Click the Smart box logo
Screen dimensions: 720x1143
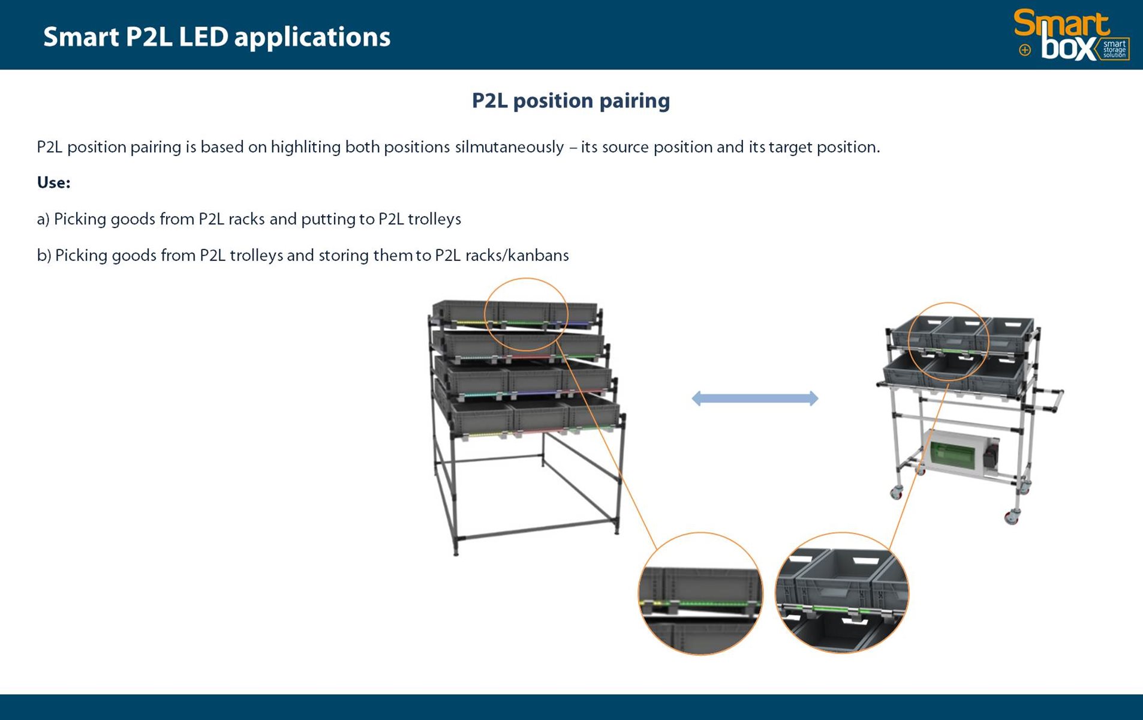point(1072,35)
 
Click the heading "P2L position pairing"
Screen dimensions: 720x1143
point(570,101)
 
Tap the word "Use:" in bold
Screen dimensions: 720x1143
point(53,182)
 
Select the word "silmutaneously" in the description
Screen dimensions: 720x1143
point(509,147)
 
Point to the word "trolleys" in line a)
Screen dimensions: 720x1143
point(434,219)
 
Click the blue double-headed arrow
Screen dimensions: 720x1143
point(754,398)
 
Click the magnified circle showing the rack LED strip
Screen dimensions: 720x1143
point(700,593)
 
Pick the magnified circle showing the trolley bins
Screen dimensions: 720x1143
point(841,592)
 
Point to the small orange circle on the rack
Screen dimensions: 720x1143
point(526,314)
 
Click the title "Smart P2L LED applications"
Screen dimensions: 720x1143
point(216,37)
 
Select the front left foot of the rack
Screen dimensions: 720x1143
point(456,550)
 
